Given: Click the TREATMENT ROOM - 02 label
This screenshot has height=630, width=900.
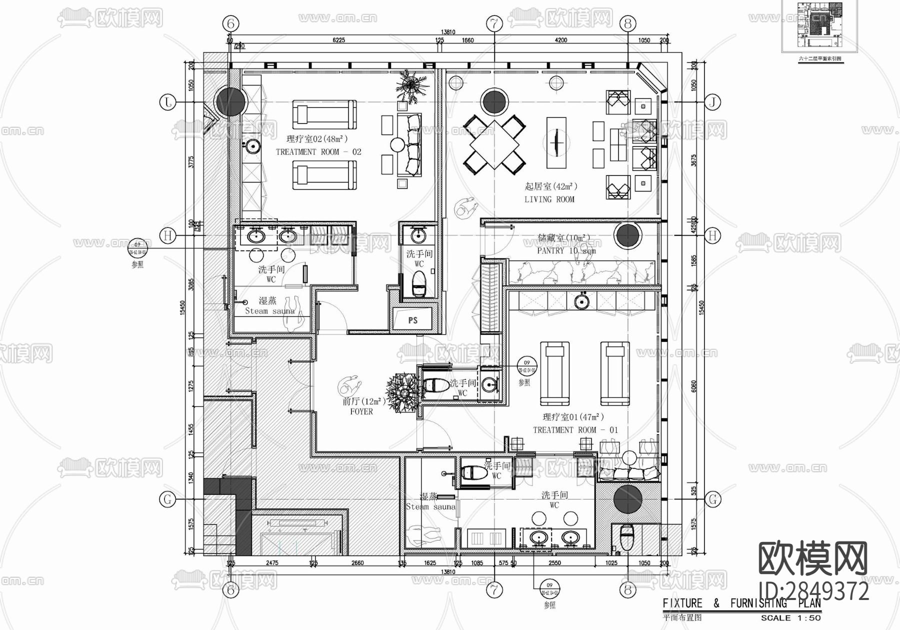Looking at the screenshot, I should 318,151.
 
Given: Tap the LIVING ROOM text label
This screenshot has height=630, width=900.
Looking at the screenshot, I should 549,199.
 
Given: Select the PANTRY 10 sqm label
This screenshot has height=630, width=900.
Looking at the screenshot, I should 566,250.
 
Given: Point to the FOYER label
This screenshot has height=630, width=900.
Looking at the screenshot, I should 361,411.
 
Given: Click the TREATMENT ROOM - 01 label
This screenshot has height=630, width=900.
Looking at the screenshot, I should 575,429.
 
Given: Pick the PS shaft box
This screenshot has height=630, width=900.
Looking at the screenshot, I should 412,320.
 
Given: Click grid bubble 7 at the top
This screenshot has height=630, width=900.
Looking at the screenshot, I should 494,23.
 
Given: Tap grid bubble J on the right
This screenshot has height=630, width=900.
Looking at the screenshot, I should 712,102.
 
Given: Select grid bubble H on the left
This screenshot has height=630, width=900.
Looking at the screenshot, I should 168,235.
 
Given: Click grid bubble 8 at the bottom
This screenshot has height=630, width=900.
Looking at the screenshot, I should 627,590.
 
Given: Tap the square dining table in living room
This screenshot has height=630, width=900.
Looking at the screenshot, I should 494,143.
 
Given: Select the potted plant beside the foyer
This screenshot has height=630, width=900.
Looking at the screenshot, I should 403,390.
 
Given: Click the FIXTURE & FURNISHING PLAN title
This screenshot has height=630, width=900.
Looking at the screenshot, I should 741,603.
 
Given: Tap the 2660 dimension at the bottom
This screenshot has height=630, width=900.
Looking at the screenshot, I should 357,563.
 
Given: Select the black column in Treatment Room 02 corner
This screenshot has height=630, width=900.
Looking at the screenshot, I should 230,100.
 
